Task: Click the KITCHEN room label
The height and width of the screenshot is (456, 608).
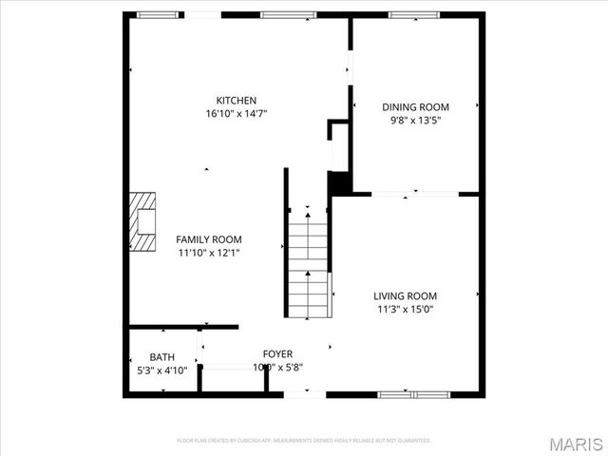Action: (x=237, y=101)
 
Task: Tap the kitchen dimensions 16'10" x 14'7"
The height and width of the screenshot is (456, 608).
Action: (x=237, y=114)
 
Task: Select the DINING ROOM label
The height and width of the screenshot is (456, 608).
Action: (x=415, y=107)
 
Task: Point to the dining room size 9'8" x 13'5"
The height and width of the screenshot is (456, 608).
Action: (x=415, y=121)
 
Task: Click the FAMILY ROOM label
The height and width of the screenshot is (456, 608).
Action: (x=209, y=239)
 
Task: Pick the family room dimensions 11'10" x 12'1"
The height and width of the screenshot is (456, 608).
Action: (x=209, y=253)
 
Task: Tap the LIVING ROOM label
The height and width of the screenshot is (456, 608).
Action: (x=405, y=295)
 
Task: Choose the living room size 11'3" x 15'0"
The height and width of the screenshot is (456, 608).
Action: (x=405, y=309)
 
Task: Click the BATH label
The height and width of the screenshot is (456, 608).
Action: (x=161, y=357)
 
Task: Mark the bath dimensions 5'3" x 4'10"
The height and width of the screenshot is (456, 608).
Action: (x=161, y=370)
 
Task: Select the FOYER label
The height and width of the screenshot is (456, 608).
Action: (x=277, y=354)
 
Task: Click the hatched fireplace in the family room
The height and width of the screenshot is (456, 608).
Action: (x=142, y=221)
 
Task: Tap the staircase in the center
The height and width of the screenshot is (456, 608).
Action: (x=308, y=263)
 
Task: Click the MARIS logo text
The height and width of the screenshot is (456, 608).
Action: (x=576, y=444)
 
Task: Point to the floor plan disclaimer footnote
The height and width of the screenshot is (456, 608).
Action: (x=304, y=441)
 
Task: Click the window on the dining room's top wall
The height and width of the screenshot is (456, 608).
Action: (x=410, y=14)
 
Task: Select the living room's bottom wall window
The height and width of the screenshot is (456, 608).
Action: (x=412, y=393)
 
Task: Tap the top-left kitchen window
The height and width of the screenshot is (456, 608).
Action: (x=157, y=14)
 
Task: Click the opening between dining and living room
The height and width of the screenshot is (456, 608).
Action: (x=414, y=194)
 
